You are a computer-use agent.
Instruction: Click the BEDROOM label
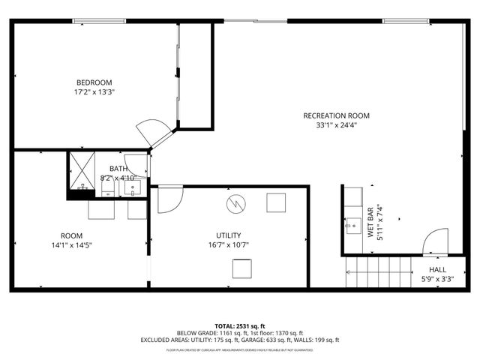click(94, 82)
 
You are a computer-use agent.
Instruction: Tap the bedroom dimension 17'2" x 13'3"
click(94, 92)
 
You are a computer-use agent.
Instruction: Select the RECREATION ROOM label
click(336, 115)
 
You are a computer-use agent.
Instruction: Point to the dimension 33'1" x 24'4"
click(336, 125)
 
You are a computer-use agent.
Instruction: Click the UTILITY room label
click(228, 235)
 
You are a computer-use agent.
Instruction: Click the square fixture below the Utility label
click(241, 268)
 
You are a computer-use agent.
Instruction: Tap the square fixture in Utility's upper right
click(276, 202)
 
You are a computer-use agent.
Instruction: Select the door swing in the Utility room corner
click(169, 198)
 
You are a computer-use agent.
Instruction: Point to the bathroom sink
click(132, 187)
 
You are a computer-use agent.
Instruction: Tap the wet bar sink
click(352, 224)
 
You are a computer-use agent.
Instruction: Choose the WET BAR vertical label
click(370, 223)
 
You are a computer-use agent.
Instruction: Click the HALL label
click(437, 270)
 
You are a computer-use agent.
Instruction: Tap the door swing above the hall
click(436, 244)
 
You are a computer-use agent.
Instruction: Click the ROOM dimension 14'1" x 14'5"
click(71, 244)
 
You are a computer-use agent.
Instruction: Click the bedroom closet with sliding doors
click(194, 74)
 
